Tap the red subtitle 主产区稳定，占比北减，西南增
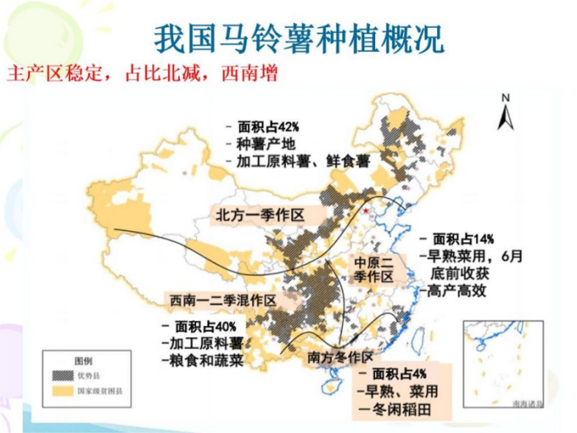141,73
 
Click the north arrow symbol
506,112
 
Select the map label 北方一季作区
260,214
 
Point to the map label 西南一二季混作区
222,299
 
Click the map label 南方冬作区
340,357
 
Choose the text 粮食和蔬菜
202,359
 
